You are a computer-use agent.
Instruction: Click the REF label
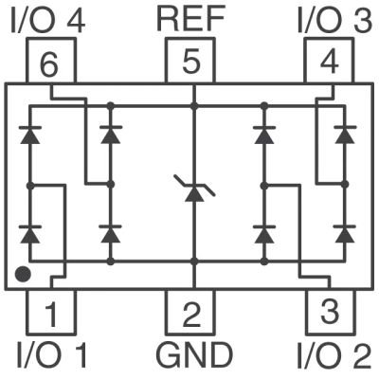[190, 19]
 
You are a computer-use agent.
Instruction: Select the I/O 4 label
[48, 21]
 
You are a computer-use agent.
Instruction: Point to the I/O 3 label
[334, 21]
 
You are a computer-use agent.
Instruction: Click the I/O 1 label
[51, 356]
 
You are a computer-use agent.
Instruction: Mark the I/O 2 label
[334, 356]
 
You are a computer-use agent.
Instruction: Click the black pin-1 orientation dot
[23, 274]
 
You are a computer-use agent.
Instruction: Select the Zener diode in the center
[194, 189]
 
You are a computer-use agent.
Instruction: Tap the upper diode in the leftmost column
[30, 135]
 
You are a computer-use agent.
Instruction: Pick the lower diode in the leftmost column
[30, 234]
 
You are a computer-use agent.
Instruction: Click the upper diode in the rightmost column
[345, 135]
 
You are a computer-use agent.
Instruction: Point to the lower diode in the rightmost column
[345, 234]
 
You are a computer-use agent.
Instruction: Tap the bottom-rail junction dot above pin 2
[194, 262]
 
